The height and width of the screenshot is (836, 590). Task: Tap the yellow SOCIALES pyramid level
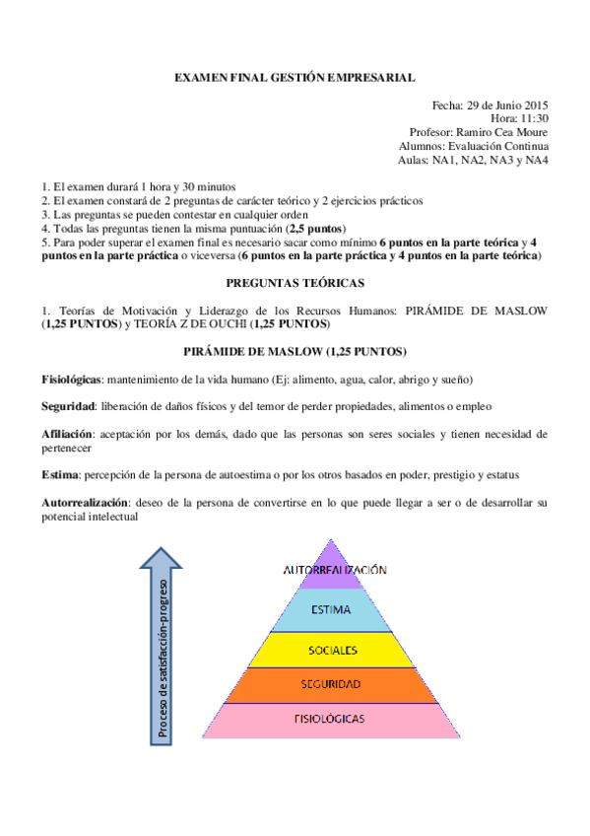point(332,650)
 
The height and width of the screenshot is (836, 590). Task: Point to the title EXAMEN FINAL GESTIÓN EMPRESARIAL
point(295,76)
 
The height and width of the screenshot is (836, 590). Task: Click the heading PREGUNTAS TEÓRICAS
point(295,283)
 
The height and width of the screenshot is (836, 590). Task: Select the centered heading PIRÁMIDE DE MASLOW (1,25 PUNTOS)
point(295,352)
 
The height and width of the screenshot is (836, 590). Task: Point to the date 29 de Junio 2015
point(505,104)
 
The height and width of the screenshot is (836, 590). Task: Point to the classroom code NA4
point(537,160)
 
